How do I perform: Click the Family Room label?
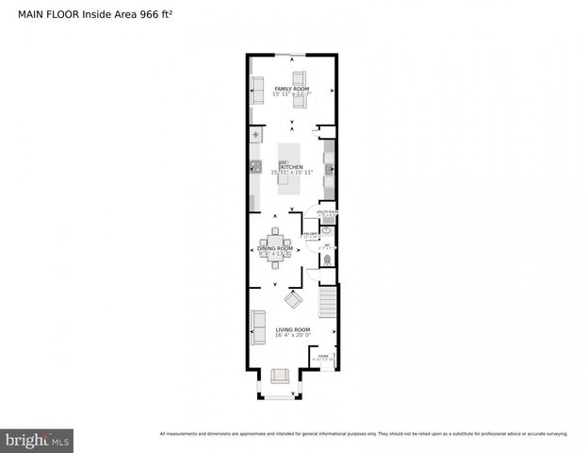point(292,88)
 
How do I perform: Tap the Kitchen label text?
point(291,167)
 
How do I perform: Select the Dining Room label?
point(275,248)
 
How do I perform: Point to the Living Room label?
point(292,329)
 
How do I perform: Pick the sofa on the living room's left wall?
point(257,325)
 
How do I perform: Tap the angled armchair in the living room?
point(293,301)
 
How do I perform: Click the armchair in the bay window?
point(279,376)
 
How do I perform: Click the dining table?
point(275,247)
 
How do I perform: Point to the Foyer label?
point(323,356)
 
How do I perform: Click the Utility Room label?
point(326,212)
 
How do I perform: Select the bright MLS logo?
point(38,440)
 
